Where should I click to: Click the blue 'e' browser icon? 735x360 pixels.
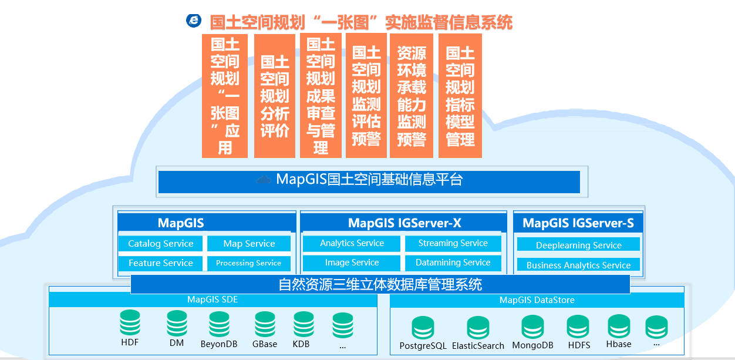coord(194,21)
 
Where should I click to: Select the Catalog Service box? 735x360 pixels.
coord(160,244)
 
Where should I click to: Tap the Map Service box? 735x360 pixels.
coord(249,244)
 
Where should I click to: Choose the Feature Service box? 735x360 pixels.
coord(160,263)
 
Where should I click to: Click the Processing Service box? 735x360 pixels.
coord(249,263)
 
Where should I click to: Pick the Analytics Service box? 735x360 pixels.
coord(352,243)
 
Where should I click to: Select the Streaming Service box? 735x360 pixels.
coord(453,243)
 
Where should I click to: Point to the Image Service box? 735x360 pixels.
coord(352,263)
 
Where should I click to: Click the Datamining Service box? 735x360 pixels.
coord(453,263)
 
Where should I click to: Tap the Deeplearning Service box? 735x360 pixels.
coord(578,244)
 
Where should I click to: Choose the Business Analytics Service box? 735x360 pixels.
coord(578,264)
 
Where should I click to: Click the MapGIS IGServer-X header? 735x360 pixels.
coord(404,223)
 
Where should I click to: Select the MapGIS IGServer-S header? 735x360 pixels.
coord(578,223)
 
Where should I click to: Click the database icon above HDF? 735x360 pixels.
coord(130,323)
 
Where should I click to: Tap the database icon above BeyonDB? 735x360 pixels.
coord(219,324)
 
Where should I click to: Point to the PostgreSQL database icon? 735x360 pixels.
coord(423,328)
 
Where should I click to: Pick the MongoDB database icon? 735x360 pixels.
coord(532,327)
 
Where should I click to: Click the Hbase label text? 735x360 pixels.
coord(619,344)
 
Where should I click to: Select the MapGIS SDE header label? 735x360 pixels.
coord(213,300)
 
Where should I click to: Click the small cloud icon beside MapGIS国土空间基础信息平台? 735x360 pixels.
coord(264,180)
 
